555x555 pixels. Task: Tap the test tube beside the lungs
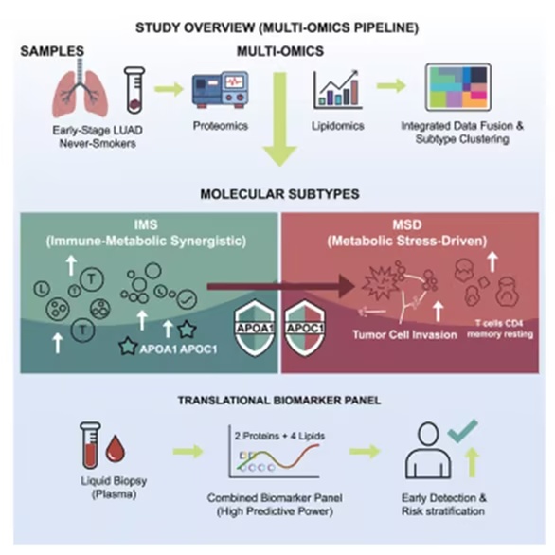[134, 90]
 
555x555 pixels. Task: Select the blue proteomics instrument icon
[220, 90]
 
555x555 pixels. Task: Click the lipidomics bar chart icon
[337, 90]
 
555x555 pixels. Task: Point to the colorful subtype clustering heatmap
[458, 87]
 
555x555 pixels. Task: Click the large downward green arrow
[280, 119]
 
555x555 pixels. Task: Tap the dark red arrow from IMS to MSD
[280, 286]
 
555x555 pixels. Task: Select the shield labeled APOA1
[255, 329]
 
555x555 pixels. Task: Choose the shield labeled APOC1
[305, 329]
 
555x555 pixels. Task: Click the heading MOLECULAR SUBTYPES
[279, 194]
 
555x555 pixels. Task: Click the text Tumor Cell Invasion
[405, 335]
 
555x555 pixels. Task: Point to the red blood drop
[116, 448]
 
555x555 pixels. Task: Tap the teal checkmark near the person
[462, 430]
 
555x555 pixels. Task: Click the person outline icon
[428, 450]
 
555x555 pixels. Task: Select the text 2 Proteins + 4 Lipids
[279, 436]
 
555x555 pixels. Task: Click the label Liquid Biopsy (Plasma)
[114, 488]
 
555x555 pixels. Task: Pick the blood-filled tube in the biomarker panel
[91, 445]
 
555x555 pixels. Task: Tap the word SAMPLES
[52, 51]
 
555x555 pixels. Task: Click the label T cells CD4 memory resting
[500, 329]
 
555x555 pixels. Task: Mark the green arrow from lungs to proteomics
[169, 89]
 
